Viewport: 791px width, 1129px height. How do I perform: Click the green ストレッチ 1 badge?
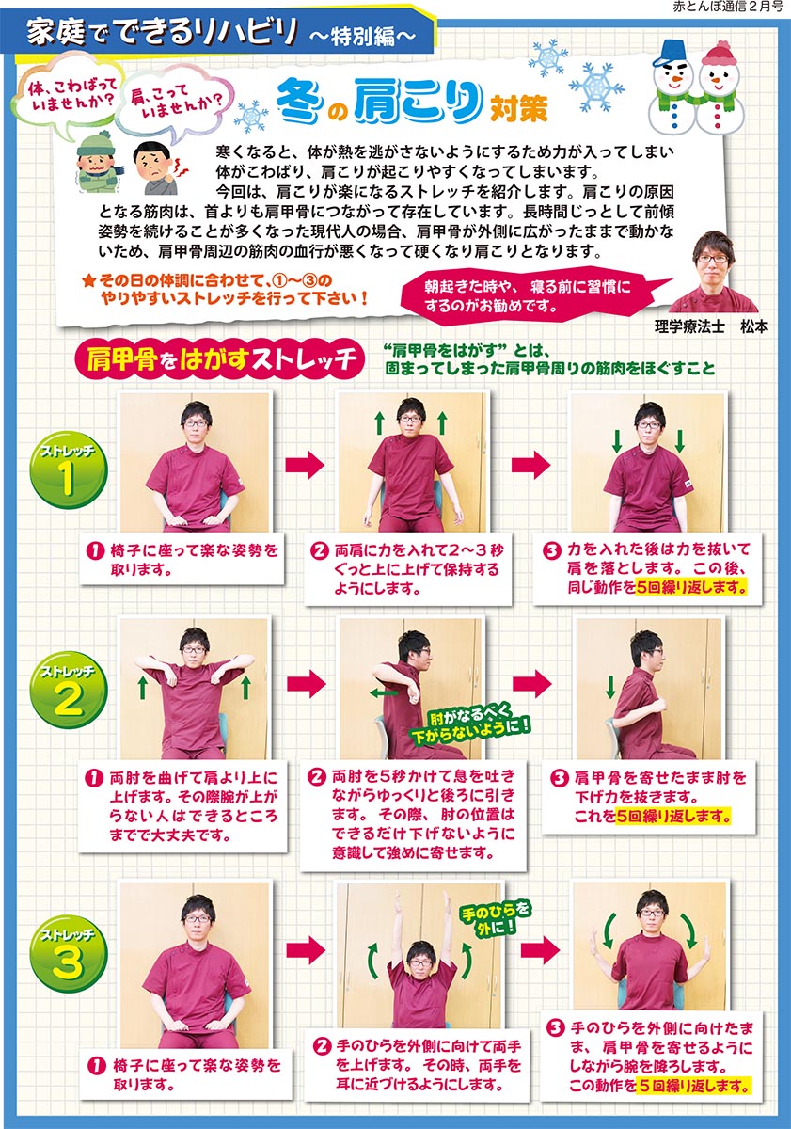pyautogui.click(x=68, y=470)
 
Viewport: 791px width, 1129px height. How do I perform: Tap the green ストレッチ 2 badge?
pyautogui.click(x=68, y=691)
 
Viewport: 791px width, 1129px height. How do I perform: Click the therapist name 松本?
pyautogui.click(x=753, y=327)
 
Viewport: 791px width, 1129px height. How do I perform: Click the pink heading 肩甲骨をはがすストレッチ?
pyautogui.click(x=218, y=359)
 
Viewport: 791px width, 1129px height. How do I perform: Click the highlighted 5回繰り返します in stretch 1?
pyautogui.click(x=690, y=588)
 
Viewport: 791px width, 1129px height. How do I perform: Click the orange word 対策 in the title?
pyautogui.click(x=518, y=107)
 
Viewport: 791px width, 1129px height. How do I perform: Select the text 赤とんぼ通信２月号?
pyautogui.click(x=728, y=7)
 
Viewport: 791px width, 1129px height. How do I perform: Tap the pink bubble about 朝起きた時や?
pyautogui.click(x=529, y=295)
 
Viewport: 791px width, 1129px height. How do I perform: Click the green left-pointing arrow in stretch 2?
pyautogui.click(x=383, y=693)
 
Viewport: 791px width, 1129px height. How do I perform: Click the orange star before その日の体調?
pyautogui.click(x=88, y=281)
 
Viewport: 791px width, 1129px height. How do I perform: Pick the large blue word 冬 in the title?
pyautogui.click(x=297, y=102)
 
